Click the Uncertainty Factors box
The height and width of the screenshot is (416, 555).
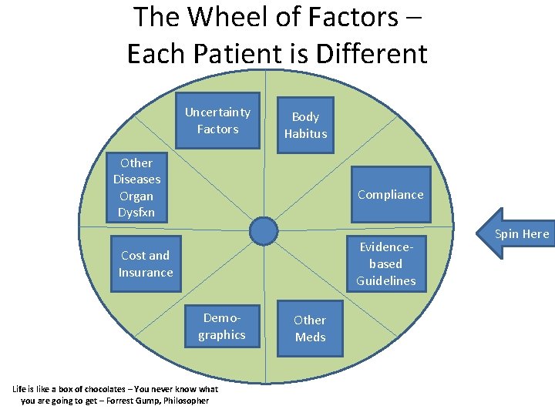217,120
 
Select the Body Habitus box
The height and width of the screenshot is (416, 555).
305,125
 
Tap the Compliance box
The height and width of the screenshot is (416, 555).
390,194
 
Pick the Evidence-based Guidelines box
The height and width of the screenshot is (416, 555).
386,263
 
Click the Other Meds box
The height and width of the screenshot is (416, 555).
310,328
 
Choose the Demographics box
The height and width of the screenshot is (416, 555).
222,327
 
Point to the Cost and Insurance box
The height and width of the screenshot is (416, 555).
146,263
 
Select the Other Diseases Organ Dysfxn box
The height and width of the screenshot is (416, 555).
136,187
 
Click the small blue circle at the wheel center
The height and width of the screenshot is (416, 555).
264,230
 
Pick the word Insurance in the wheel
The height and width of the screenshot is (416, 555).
146,272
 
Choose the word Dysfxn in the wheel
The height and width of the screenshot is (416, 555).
136,212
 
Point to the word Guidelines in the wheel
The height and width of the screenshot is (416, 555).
386,280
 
